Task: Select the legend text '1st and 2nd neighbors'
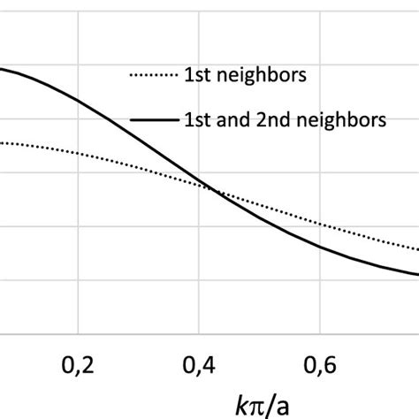pyautogui.click(x=283, y=121)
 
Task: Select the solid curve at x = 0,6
pyautogui.click(x=324, y=246)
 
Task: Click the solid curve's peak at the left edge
pyautogui.click(x=3, y=70)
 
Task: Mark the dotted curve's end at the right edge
pyautogui.click(x=415, y=250)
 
